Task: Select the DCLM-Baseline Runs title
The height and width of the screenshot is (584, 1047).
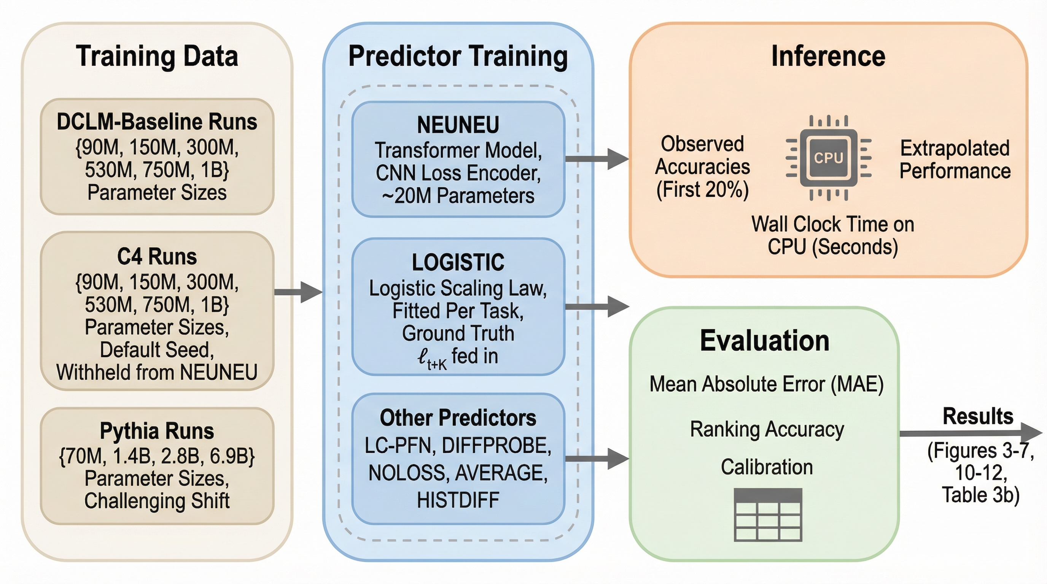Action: click(x=157, y=122)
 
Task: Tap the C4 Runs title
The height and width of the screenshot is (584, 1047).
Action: click(x=157, y=257)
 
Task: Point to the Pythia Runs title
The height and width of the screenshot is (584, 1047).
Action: click(x=157, y=431)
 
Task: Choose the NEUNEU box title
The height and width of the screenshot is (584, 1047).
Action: click(x=458, y=125)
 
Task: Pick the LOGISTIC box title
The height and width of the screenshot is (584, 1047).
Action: click(x=458, y=262)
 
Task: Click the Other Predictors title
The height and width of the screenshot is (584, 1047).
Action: click(x=458, y=418)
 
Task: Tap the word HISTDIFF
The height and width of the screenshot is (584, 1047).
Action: click(x=458, y=500)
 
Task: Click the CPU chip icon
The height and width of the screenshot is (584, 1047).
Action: click(x=828, y=157)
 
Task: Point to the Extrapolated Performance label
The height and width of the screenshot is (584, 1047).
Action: click(x=955, y=159)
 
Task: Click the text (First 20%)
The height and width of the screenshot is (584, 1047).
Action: click(x=702, y=189)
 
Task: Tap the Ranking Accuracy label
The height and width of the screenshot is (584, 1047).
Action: click(x=767, y=429)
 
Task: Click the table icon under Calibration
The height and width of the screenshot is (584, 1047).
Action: click(x=768, y=514)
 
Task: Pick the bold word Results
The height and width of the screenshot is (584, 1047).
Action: click(x=978, y=416)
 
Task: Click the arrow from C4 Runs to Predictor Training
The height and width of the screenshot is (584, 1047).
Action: click(x=298, y=292)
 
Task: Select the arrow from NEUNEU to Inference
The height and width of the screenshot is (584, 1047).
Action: click(x=597, y=159)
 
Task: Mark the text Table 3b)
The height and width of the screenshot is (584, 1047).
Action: click(x=980, y=495)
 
